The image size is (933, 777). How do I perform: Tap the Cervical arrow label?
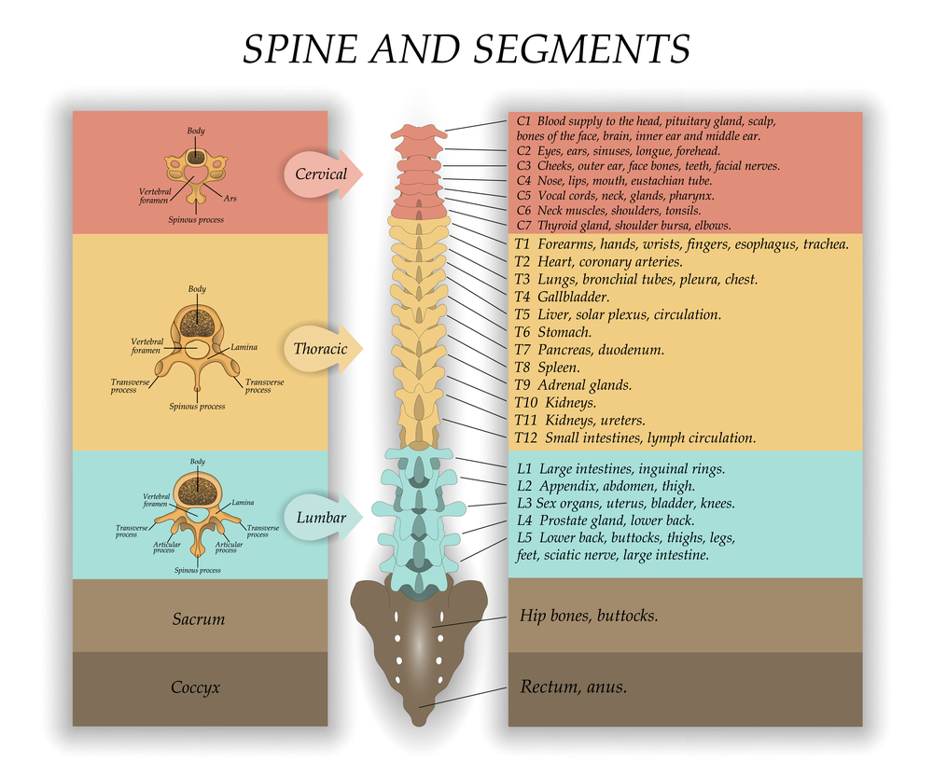pyautogui.click(x=321, y=173)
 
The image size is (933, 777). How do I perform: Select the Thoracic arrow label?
pyautogui.click(x=320, y=349)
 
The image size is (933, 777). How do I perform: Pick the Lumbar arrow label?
pyautogui.click(x=320, y=518)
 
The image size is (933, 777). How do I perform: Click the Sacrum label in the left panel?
pyautogui.click(x=199, y=618)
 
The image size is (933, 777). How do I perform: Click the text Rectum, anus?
pyautogui.click(x=573, y=687)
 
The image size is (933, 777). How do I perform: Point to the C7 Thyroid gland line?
pyautogui.click(x=621, y=226)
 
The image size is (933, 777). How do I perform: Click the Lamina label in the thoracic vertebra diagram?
pyautogui.click(x=244, y=348)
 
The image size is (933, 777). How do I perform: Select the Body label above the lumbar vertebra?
pyautogui.click(x=198, y=462)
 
